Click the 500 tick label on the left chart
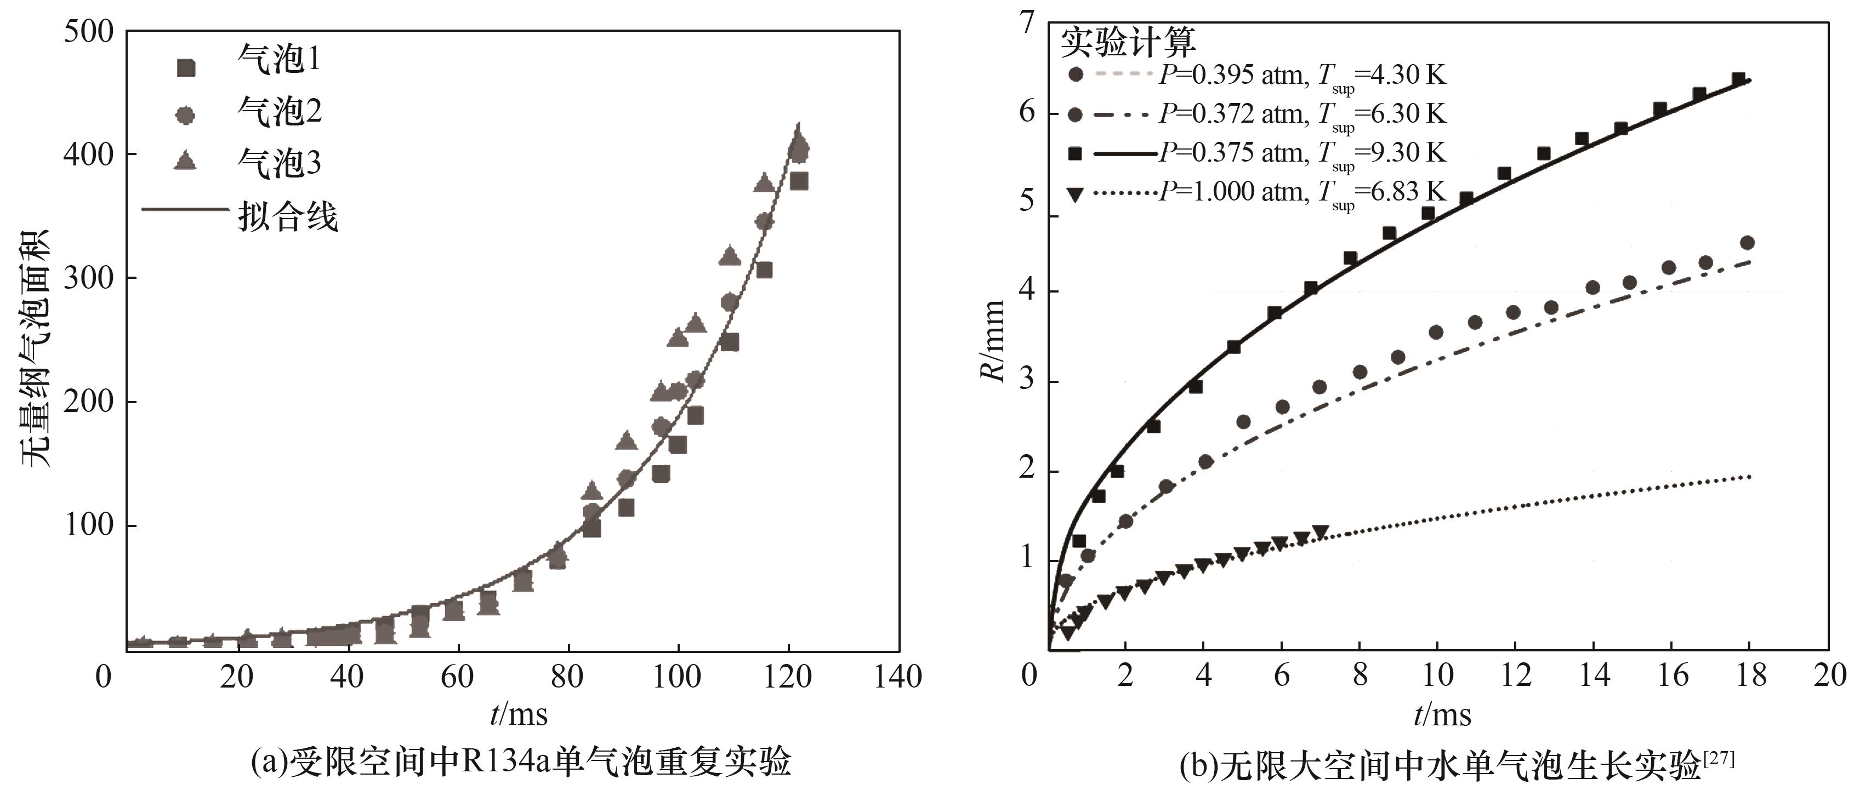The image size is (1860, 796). tap(88, 32)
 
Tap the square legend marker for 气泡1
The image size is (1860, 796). tap(186, 67)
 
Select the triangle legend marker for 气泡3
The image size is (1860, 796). tap(186, 160)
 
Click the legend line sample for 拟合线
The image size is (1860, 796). tap(185, 210)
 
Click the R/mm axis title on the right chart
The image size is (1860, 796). tap(993, 341)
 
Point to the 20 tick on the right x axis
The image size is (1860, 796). tap(1829, 675)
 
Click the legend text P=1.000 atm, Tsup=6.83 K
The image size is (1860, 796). tap(1302, 193)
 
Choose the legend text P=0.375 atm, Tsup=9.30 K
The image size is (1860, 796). tap(1302, 154)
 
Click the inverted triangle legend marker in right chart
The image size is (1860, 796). tap(1075, 194)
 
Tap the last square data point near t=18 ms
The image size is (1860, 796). tap(1738, 79)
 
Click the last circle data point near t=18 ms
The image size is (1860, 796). tap(1748, 243)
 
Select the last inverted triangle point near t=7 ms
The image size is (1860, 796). tap(1321, 532)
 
